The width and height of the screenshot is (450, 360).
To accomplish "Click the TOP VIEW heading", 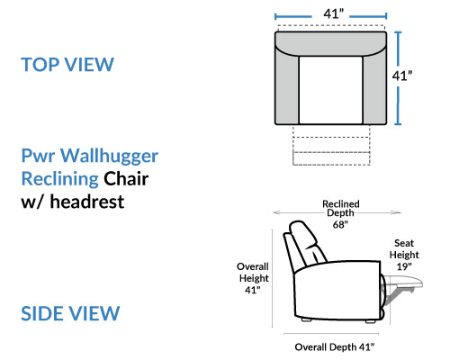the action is (x=67, y=64).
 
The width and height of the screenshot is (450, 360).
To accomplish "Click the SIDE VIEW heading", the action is (x=70, y=313).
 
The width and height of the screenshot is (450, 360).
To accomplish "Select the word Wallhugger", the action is (x=109, y=157).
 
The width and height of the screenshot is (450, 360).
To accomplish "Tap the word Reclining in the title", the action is (x=60, y=179).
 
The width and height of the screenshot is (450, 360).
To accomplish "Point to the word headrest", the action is (x=87, y=202).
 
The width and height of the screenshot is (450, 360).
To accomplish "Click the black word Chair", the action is (x=126, y=178).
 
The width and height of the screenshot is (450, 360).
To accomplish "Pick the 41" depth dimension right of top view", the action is (x=402, y=76).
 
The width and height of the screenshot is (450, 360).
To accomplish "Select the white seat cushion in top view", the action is (x=330, y=90).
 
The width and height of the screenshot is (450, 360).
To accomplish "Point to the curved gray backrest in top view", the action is (x=330, y=43).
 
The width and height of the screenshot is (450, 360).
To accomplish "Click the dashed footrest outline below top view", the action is (x=331, y=146).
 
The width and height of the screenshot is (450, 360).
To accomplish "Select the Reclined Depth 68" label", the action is (x=340, y=214).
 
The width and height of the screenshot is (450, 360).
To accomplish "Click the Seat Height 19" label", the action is (x=404, y=255).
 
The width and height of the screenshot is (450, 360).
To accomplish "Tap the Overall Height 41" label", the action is (x=253, y=278).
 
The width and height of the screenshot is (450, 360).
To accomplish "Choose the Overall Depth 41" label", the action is (x=335, y=347).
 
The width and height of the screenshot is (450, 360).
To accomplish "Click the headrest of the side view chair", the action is (x=303, y=236).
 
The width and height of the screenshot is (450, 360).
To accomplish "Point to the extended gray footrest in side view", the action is (x=403, y=284).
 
